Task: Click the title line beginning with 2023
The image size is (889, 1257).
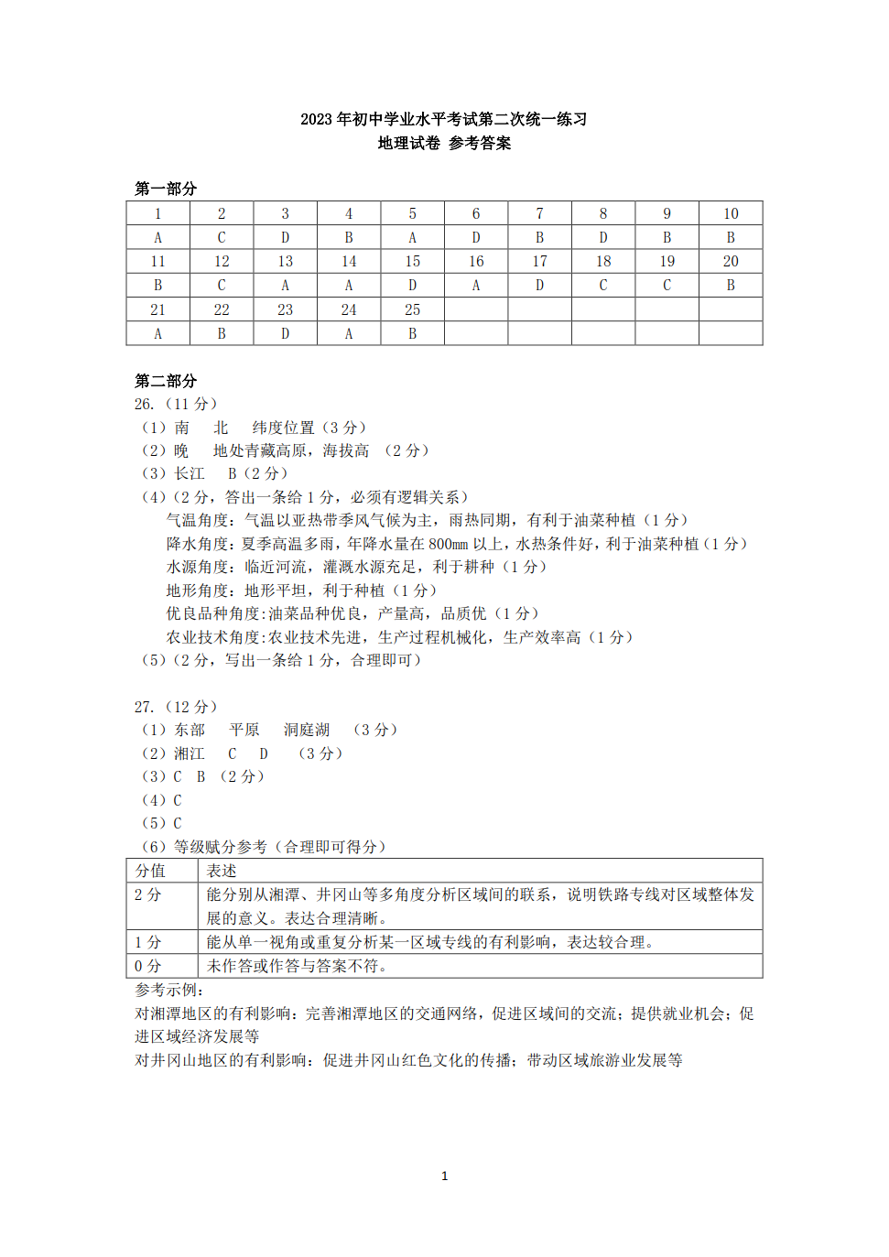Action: [x=444, y=119]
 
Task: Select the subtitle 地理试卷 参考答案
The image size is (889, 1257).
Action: [x=444, y=143]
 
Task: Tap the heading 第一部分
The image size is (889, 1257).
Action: [x=166, y=189]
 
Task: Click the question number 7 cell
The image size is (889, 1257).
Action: [x=539, y=213]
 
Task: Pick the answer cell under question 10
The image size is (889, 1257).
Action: [x=731, y=237]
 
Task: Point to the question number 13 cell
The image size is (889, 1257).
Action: [x=286, y=262]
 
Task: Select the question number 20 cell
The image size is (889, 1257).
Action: [x=731, y=262]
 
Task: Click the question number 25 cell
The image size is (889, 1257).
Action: [x=412, y=310]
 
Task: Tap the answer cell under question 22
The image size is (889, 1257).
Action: [x=222, y=334]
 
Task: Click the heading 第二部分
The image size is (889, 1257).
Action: [x=166, y=381]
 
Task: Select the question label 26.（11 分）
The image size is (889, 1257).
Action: [x=176, y=404]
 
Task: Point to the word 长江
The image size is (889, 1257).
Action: [x=190, y=473]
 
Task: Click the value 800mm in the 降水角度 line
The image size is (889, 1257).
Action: [x=448, y=544]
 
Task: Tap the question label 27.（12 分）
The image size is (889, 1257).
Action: [x=176, y=707]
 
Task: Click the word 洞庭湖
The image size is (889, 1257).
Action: [x=306, y=730]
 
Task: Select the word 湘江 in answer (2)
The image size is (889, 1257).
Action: [x=190, y=753]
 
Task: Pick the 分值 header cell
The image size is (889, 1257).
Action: [x=151, y=871]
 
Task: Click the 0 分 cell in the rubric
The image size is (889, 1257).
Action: [x=148, y=966]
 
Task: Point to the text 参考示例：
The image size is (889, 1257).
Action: [x=169, y=990]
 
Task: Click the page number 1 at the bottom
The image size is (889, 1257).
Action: [x=445, y=1176]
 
